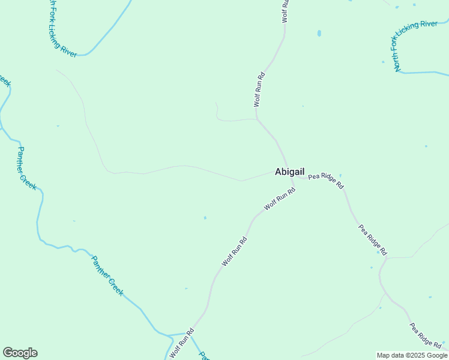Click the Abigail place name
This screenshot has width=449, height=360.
point(289,172)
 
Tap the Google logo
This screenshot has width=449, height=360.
point(20,353)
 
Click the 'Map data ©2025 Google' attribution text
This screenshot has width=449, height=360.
point(412,355)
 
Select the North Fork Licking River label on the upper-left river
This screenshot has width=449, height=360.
point(62,29)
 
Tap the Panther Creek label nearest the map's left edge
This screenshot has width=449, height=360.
point(26,169)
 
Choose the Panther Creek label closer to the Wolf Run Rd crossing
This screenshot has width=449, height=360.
point(107,275)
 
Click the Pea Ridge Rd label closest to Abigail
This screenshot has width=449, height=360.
point(326,181)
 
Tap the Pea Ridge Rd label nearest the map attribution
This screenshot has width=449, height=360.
point(426,335)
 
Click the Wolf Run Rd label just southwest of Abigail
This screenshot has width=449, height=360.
point(280,199)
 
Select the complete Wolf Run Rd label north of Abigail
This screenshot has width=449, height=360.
point(259,90)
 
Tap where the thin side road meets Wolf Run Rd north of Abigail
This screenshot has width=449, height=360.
point(257,119)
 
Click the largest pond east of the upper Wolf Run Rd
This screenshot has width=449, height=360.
point(319,33)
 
